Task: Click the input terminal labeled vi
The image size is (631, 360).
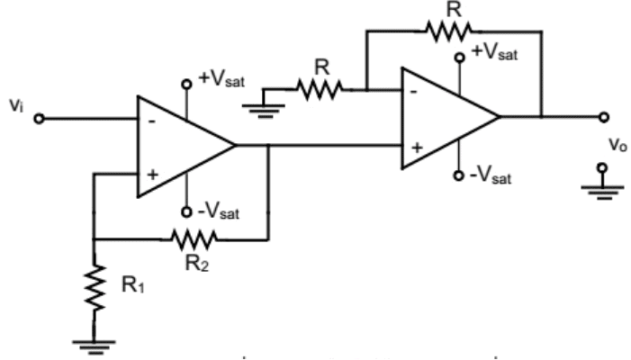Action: (x=38, y=118)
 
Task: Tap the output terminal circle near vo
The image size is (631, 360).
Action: (x=603, y=117)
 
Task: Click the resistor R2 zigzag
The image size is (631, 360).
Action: (x=191, y=239)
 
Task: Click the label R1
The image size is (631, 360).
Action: (x=132, y=285)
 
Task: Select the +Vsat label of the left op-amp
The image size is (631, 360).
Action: (x=220, y=78)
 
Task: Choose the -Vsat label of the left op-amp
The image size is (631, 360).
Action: (x=219, y=213)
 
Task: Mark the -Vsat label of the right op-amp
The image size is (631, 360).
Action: (x=491, y=175)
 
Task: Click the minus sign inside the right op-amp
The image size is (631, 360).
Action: (x=415, y=91)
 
